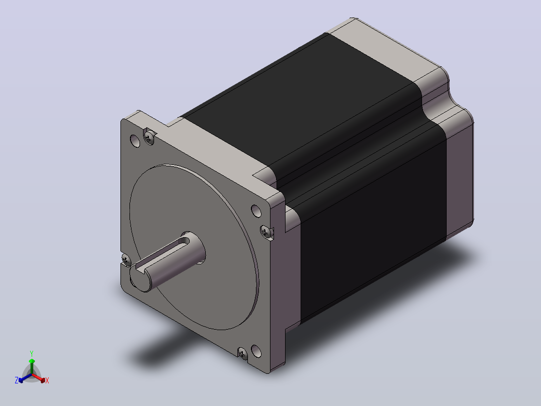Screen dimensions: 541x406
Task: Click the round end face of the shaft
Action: coord(141,278)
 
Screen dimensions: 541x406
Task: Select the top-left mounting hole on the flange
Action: coord(135,141)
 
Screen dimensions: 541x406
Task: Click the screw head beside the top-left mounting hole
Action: coord(149,138)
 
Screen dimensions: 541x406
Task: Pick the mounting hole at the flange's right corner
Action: coord(256,211)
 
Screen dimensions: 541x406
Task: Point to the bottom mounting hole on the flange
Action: coord(256,351)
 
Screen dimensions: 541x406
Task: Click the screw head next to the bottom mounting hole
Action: coord(242,353)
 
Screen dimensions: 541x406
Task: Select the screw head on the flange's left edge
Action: coord(126,259)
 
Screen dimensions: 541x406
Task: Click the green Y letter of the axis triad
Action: coord(32,354)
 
